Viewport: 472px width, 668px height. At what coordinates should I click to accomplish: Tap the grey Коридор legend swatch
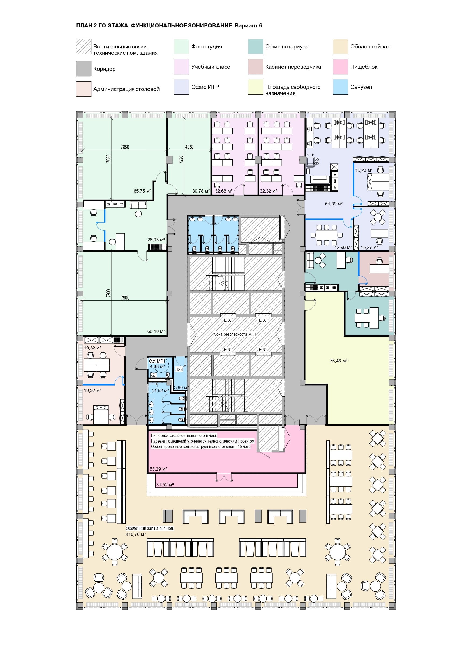pos(84,69)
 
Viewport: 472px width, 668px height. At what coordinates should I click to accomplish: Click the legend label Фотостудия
pos(206,47)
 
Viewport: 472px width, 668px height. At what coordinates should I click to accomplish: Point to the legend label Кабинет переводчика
pos(293,67)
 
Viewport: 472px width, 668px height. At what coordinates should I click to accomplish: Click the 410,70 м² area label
pos(136,534)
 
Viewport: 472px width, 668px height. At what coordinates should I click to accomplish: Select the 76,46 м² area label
pos(339,361)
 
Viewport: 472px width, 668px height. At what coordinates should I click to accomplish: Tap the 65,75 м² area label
pos(142,191)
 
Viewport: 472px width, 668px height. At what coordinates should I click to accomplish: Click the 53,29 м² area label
pos(158,469)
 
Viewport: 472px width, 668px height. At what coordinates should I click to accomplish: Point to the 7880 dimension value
pos(125,147)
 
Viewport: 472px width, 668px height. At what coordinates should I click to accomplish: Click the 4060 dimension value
pos(189,147)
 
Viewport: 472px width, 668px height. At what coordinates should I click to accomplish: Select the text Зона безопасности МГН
pos(235,334)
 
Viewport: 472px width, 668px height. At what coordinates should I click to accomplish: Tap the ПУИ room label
pos(179,369)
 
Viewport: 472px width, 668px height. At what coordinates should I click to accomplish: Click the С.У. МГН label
pos(157,361)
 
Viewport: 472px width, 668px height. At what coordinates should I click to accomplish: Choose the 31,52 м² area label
pos(165,485)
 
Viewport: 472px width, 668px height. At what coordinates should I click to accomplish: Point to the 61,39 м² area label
pos(334,204)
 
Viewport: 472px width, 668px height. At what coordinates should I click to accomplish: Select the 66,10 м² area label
pos(156,331)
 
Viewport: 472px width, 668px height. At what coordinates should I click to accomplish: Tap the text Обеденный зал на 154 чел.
pos(150,528)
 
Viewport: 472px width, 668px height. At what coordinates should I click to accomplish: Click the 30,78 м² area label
pos(201,191)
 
